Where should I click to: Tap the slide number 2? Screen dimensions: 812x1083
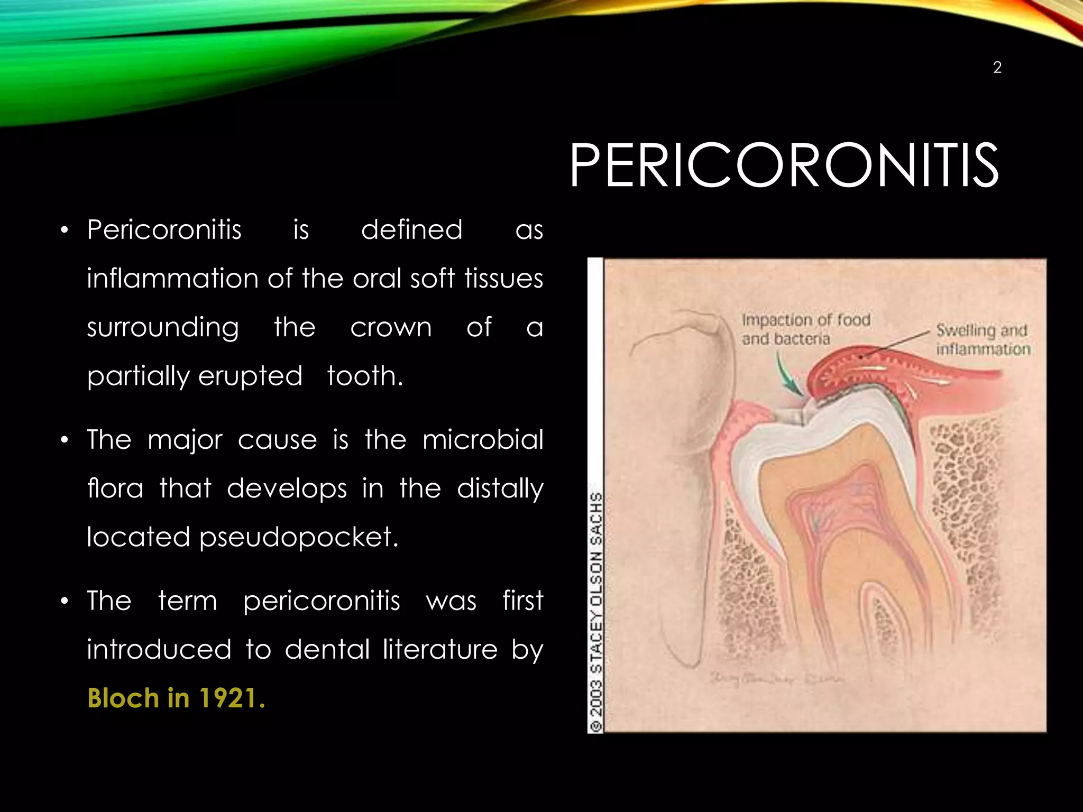(x=997, y=68)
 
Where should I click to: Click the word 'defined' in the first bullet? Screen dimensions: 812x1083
(x=411, y=230)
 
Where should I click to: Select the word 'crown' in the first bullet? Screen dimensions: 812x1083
(x=391, y=327)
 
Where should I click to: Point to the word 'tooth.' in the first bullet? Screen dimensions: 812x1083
(x=365, y=376)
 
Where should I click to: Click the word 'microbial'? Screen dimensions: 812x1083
(x=483, y=439)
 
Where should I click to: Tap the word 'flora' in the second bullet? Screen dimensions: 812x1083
(x=115, y=488)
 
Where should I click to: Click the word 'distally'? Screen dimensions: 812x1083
(x=500, y=489)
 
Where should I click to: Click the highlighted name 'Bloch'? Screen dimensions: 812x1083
(x=123, y=698)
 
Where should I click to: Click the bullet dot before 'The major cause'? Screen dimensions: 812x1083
(x=65, y=440)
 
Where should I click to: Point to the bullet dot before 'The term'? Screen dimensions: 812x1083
(x=65, y=601)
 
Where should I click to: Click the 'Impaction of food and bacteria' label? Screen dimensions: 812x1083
(x=805, y=329)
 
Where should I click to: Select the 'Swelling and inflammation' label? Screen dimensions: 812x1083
(x=983, y=339)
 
